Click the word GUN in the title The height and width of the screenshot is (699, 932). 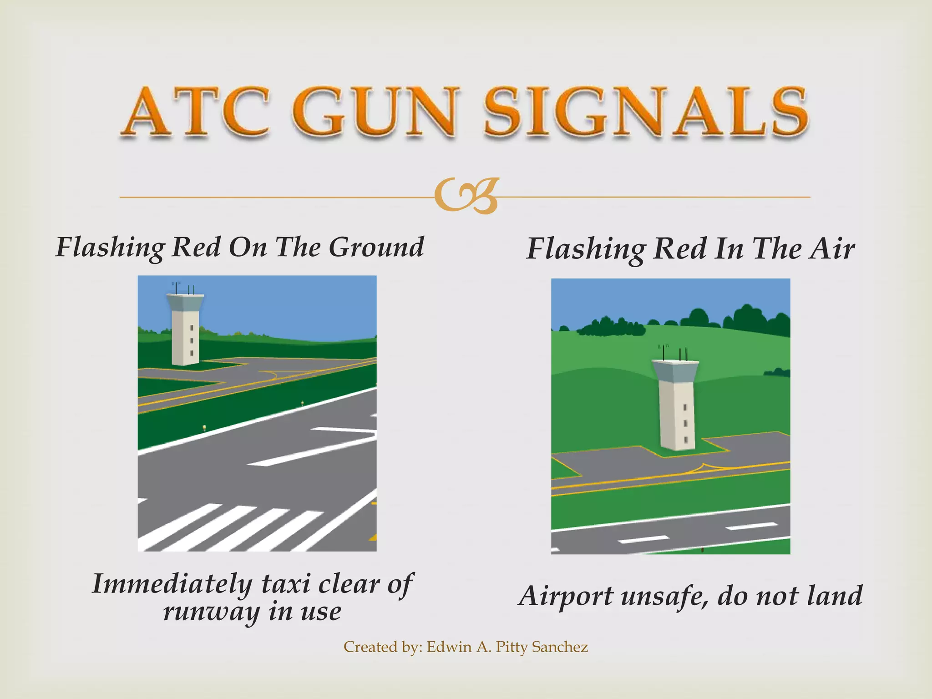(x=375, y=111)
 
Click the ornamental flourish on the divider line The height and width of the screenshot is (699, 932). (x=466, y=197)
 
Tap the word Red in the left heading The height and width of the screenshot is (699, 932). (x=196, y=247)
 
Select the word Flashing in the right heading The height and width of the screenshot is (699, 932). (x=585, y=249)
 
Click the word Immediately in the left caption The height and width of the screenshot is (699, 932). (x=172, y=584)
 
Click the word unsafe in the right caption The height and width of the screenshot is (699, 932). (x=664, y=596)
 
